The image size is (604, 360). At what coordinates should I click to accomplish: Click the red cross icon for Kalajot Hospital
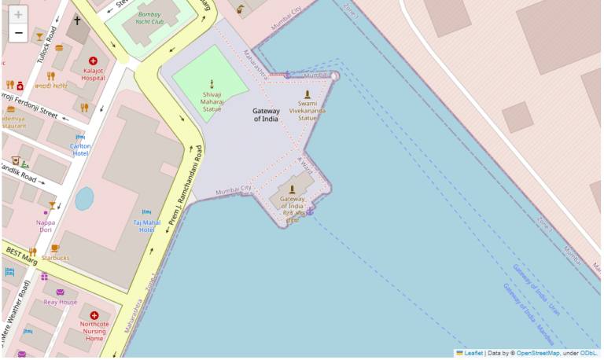coord(93,61)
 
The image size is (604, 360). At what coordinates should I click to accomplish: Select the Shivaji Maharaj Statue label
coord(212,101)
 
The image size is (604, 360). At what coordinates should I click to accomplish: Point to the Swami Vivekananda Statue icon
coord(308,94)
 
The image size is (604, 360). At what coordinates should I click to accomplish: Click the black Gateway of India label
coord(266,115)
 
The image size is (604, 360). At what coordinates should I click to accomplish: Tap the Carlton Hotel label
coord(80,149)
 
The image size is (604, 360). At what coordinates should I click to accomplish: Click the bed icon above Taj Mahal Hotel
coord(146,212)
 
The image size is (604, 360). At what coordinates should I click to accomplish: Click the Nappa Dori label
coord(46,226)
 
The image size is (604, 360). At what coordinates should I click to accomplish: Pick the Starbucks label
coord(56,258)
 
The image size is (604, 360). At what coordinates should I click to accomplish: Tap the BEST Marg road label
coord(21,252)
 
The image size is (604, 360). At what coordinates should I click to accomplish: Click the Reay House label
coord(61,302)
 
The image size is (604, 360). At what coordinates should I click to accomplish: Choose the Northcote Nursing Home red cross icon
coord(94,315)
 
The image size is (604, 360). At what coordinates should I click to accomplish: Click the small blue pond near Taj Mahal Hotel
coord(84,198)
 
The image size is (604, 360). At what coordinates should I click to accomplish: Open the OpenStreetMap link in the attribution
coord(538,354)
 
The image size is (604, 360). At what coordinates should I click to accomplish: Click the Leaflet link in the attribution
coord(473,354)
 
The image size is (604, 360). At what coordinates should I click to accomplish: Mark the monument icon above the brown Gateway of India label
coord(292,189)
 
